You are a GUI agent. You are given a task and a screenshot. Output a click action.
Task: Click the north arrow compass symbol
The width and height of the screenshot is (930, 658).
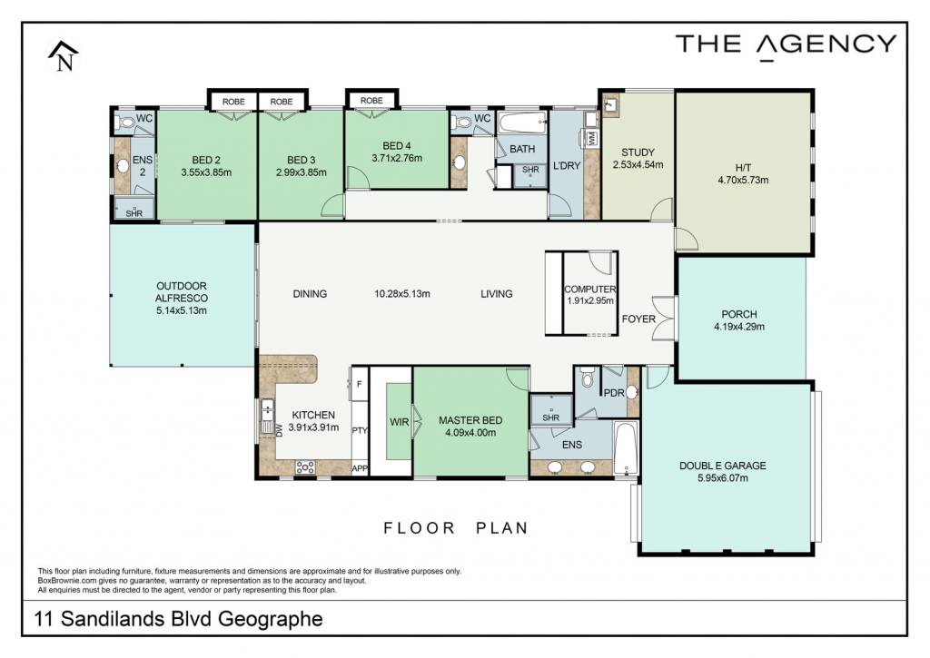63,56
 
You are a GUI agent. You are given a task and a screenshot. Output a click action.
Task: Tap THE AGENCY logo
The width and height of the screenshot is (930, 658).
786,46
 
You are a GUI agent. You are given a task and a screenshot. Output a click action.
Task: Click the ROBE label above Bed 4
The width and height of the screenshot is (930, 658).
371,101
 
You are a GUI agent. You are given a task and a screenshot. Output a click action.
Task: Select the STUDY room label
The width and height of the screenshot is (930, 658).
638,152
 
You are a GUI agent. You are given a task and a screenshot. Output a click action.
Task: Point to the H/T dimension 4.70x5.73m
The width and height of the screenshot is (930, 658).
743,181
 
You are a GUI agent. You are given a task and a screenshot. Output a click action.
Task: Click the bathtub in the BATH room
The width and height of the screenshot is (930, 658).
522,124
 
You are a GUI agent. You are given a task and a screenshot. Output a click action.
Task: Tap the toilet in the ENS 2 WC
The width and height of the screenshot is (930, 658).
124,123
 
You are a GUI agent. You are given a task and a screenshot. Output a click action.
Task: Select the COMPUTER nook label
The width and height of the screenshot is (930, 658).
589,290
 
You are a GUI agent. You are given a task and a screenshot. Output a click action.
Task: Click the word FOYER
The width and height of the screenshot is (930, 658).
638,319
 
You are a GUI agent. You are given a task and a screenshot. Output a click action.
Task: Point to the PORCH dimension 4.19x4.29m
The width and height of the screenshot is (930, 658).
739,327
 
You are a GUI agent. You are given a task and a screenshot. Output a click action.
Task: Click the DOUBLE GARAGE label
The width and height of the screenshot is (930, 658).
722,466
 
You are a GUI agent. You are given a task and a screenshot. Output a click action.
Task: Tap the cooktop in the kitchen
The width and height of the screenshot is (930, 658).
305,467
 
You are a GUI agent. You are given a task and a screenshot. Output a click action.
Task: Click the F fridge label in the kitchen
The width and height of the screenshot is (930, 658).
359,384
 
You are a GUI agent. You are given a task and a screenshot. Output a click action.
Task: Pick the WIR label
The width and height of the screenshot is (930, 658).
400,422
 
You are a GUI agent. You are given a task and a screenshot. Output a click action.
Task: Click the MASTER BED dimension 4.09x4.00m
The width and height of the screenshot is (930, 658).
470,433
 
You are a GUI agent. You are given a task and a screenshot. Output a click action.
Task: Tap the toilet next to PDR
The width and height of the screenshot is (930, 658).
588,378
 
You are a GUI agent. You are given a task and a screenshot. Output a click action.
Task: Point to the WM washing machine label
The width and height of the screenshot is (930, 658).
590,138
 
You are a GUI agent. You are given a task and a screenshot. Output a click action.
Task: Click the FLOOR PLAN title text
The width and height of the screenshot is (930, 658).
456,527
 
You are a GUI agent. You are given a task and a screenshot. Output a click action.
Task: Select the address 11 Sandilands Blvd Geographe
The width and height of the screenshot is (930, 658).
179,619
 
